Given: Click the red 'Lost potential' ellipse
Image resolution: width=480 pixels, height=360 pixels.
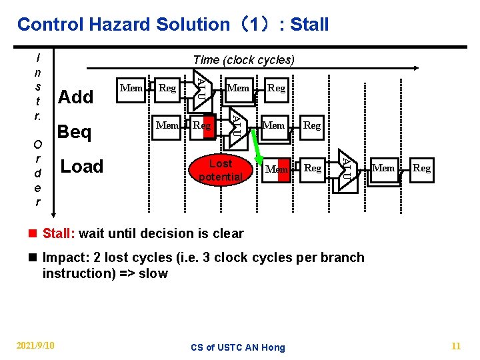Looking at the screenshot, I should (220, 170).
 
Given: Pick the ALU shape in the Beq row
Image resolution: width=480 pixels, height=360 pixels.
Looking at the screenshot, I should (237, 125).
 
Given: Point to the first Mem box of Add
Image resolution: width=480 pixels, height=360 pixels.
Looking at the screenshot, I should (132, 88).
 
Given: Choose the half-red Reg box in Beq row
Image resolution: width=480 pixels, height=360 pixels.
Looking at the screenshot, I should (202, 125).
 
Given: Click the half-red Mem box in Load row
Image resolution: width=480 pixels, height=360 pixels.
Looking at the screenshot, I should (277, 169).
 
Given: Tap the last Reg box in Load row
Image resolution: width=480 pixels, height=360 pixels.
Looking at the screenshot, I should (421, 168).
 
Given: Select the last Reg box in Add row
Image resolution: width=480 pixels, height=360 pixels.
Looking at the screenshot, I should (276, 88).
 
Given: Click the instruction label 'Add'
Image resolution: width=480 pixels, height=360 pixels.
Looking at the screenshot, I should (76, 97).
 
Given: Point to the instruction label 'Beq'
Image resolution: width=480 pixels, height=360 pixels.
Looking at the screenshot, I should (75, 132).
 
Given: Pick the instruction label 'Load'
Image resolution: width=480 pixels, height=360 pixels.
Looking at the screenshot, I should (82, 167).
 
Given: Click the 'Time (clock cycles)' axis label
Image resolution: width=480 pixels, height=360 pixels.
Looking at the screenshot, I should (243, 60).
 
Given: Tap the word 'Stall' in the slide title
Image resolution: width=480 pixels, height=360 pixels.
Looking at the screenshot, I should (309, 25).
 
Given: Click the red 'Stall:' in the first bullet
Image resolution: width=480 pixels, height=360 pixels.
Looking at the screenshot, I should (59, 234).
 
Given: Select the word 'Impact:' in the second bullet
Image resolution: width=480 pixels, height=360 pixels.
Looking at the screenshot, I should (64, 258).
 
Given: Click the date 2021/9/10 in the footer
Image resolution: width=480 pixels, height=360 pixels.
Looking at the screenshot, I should (35, 345).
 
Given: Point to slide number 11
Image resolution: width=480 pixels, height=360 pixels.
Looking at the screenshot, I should (456, 345).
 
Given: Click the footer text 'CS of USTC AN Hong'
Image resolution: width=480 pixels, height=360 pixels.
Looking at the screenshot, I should (238, 347).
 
